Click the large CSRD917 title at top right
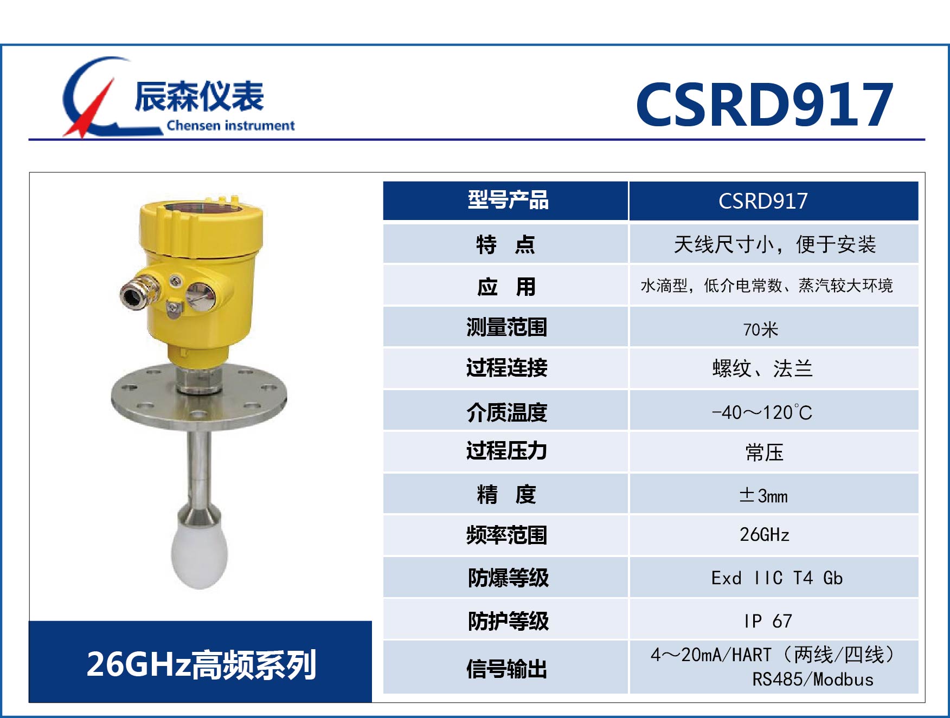coord(765,105)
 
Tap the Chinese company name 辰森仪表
coord(199,96)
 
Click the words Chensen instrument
coord(230,126)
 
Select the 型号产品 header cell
coord(508,200)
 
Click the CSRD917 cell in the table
coord(763,201)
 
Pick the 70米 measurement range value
coord(760,329)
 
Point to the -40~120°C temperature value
coord(762,412)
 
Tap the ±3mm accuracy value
coord(763,495)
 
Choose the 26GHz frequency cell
coord(764,535)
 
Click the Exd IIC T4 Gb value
coord(776,578)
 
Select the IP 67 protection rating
coord(768,620)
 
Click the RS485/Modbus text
coord(812,680)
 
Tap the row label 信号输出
coord(506,669)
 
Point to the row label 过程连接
coord(506,368)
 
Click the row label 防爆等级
coord(508,578)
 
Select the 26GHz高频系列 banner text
coord(201,664)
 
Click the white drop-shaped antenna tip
coord(199,558)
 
